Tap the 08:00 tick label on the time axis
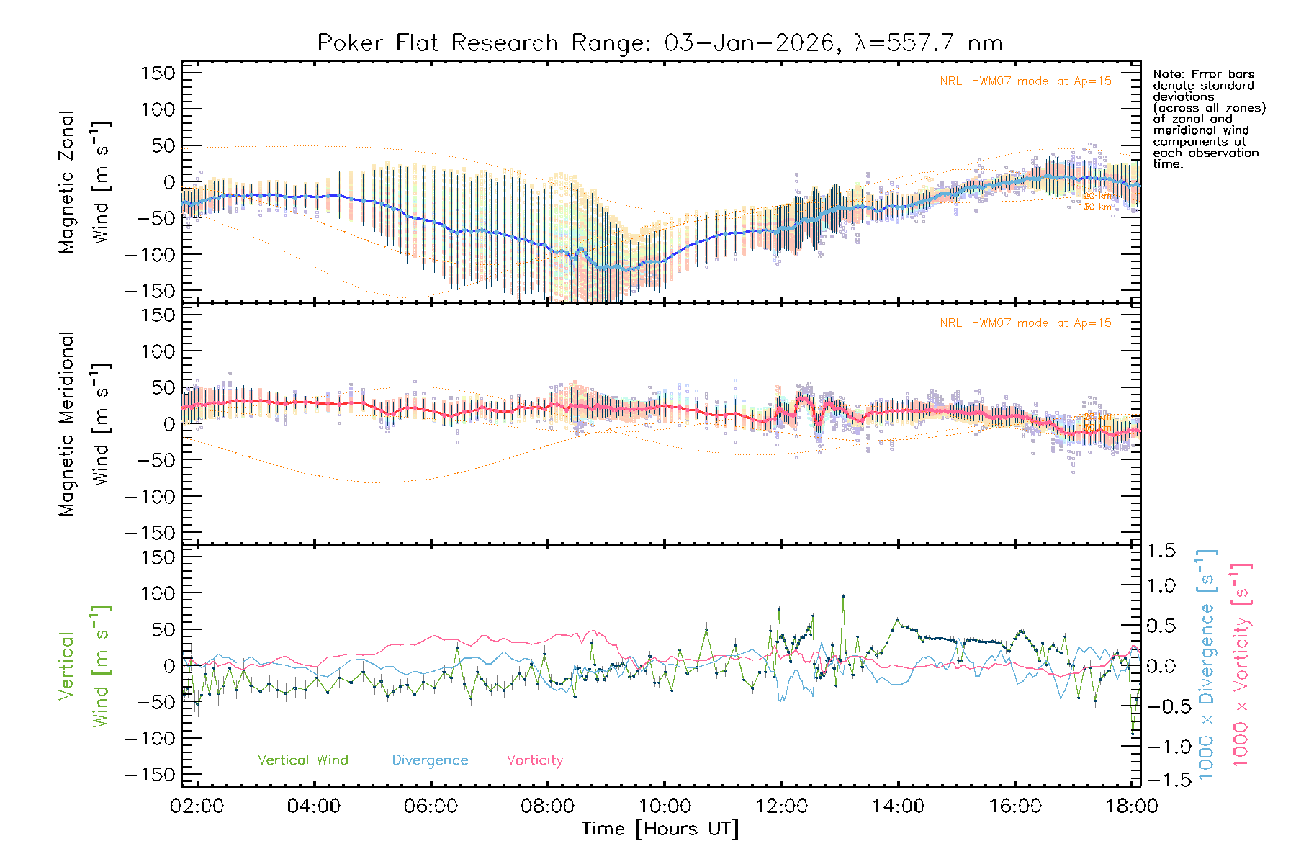click(x=548, y=806)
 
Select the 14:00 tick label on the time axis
click(x=898, y=806)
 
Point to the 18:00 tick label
click(x=1132, y=806)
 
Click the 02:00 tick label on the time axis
click(x=197, y=806)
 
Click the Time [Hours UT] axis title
click(x=660, y=829)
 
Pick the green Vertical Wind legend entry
click(x=302, y=760)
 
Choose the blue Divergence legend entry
click(x=430, y=760)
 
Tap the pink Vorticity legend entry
click(x=534, y=760)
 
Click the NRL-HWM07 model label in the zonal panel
click(x=1025, y=81)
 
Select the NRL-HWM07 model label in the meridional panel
click(x=1025, y=323)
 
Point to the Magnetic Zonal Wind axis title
click(x=84, y=182)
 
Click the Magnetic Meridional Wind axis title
click(x=84, y=424)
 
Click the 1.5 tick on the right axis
click(x=1161, y=551)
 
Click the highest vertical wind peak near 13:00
click(x=843, y=596)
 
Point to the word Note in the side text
click(x=1168, y=74)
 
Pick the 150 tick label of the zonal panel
click(x=158, y=73)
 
